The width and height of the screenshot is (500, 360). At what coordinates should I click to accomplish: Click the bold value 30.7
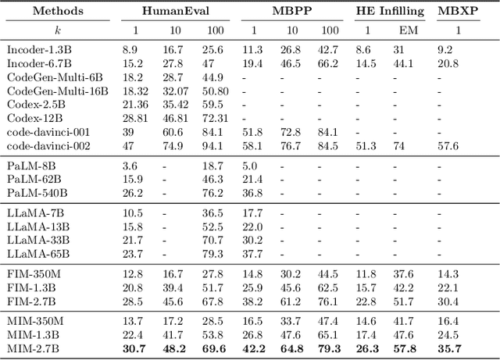click(134, 350)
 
